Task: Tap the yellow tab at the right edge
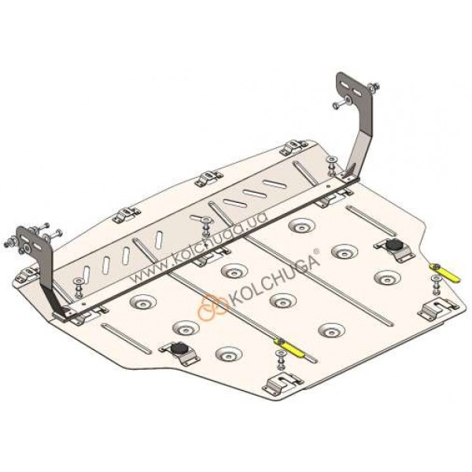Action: tap(445, 273)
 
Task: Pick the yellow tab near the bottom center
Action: tap(289, 348)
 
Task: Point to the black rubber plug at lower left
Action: tap(179, 348)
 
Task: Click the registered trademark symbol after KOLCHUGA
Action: tap(315, 251)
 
